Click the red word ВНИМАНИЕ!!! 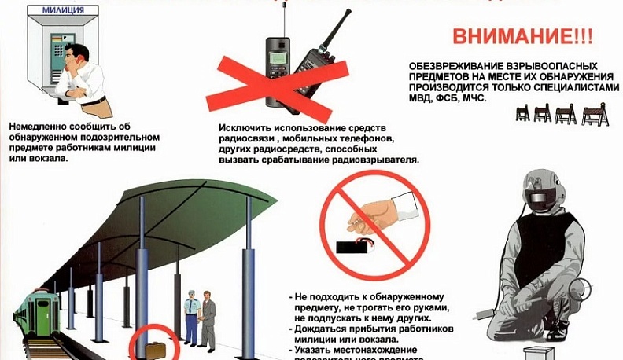[x=520, y=38]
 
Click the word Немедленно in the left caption [x=39, y=124]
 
